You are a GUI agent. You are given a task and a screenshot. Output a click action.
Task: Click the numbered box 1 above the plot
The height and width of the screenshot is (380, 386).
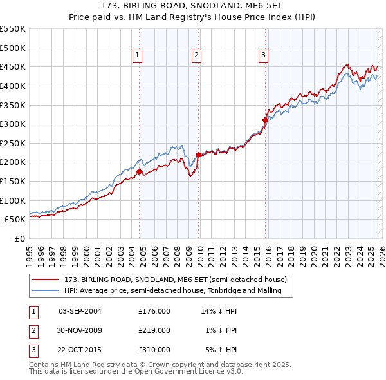tap(138, 56)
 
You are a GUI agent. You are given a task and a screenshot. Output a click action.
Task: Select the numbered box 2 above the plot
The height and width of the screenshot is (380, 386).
tap(196, 56)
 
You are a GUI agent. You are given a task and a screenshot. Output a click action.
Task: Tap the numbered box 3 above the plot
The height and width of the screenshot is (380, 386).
tap(263, 56)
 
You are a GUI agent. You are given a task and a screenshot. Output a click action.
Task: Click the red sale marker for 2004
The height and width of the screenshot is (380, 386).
tap(139, 171)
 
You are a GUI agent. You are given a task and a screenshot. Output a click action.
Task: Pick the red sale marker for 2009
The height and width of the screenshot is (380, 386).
tap(198, 155)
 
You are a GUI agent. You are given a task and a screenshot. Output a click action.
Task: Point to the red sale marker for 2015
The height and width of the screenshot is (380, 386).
tap(265, 120)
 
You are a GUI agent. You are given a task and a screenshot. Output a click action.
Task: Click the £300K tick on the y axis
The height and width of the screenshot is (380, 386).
tap(14, 124)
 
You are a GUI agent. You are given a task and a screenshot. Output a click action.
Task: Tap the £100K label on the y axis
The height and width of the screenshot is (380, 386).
tap(14, 200)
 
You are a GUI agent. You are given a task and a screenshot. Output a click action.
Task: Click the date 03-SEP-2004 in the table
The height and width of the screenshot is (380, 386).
tap(80, 311)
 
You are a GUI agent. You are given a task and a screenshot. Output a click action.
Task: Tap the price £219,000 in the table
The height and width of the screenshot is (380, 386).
tap(154, 330)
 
